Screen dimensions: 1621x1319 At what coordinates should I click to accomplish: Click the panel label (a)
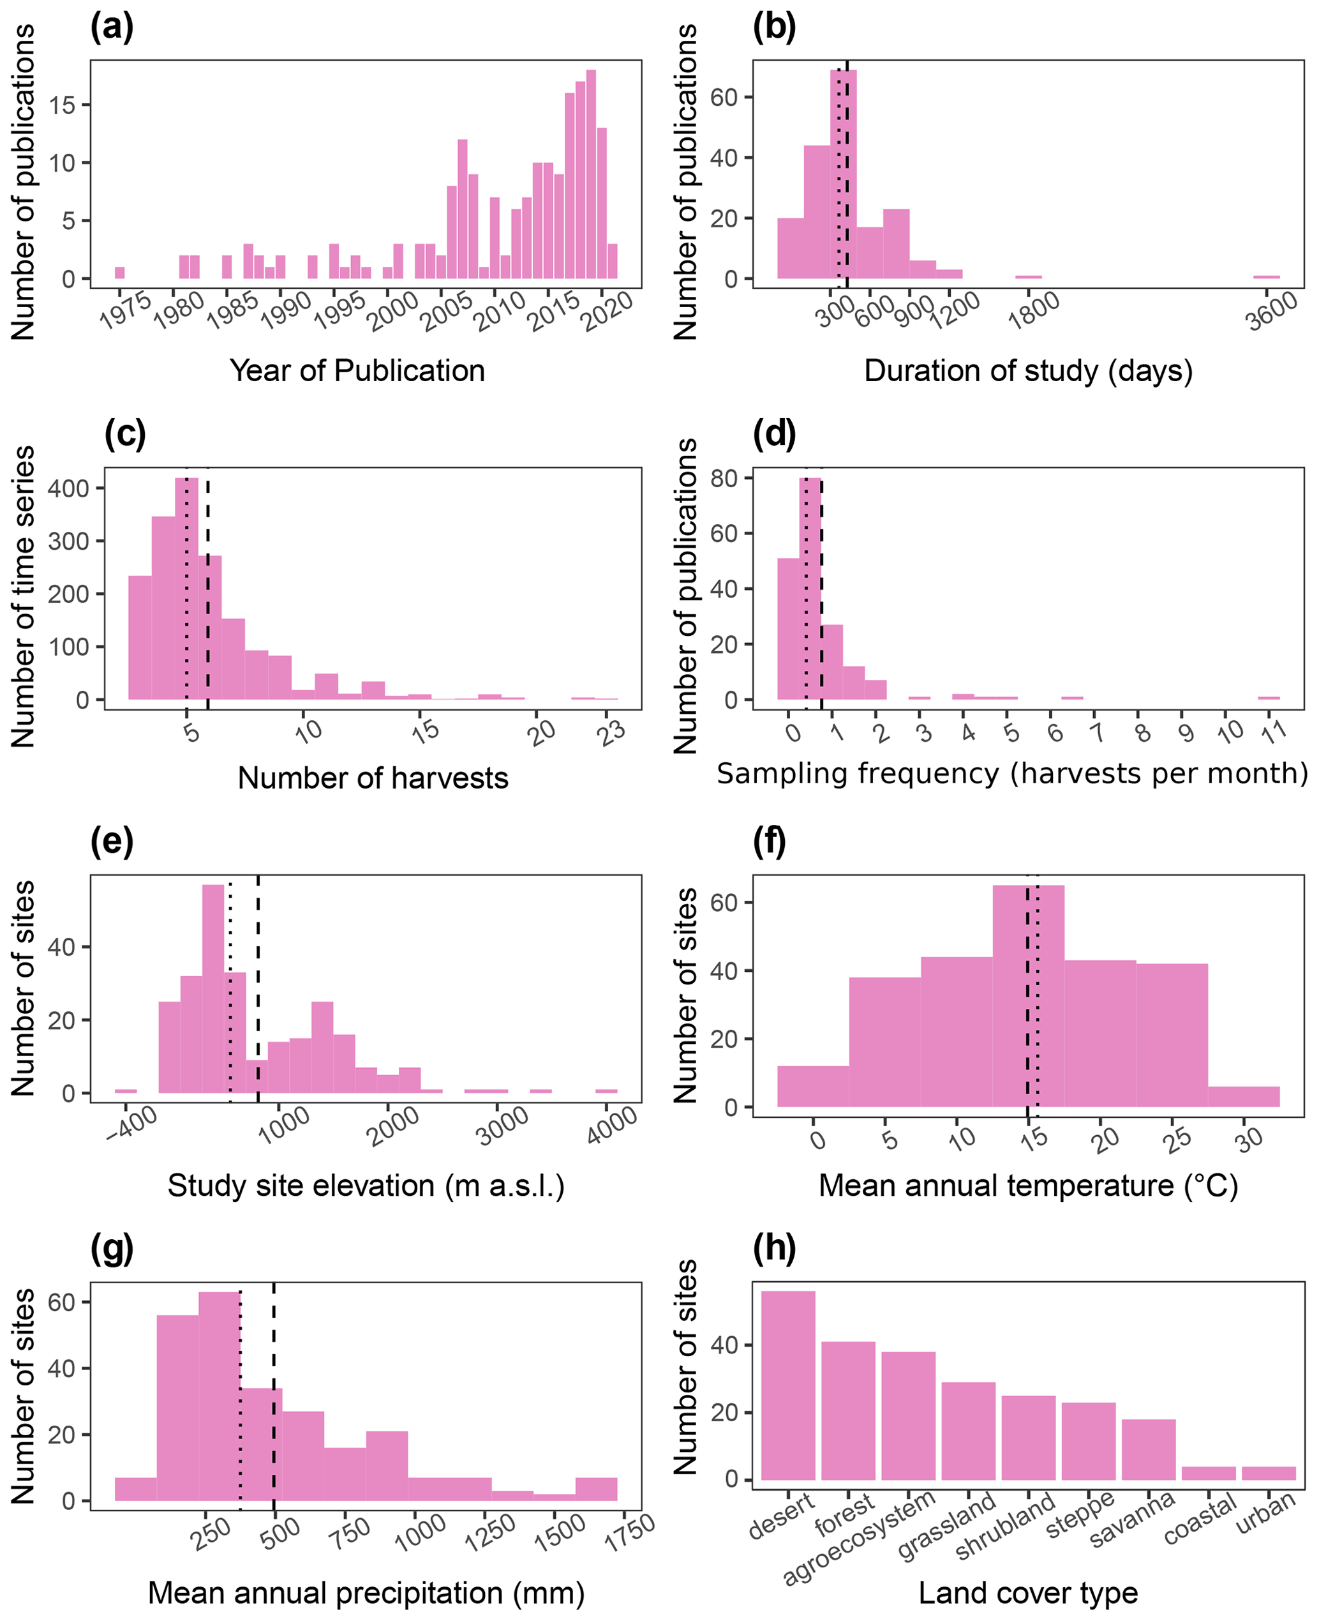[x=112, y=28]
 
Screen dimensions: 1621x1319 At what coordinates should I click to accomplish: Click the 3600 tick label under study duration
[x=1272, y=311]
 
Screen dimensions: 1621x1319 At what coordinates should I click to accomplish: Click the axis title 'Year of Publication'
[x=357, y=371]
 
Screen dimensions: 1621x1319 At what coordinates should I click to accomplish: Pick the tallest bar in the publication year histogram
[x=591, y=175]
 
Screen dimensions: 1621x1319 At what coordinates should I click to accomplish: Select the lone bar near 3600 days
[x=1267, y=276]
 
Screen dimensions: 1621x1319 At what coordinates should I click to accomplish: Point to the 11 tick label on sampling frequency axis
[x=1274, y=732]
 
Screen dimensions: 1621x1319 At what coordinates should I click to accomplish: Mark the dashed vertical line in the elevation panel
[x=258, y=988]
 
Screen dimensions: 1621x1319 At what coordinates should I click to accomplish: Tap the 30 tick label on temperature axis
[x=1248, y=1138]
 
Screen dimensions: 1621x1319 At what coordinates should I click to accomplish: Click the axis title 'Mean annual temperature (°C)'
[x=1028, y=1186]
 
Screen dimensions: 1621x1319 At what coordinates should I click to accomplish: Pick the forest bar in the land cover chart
[x=848, y=1410]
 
